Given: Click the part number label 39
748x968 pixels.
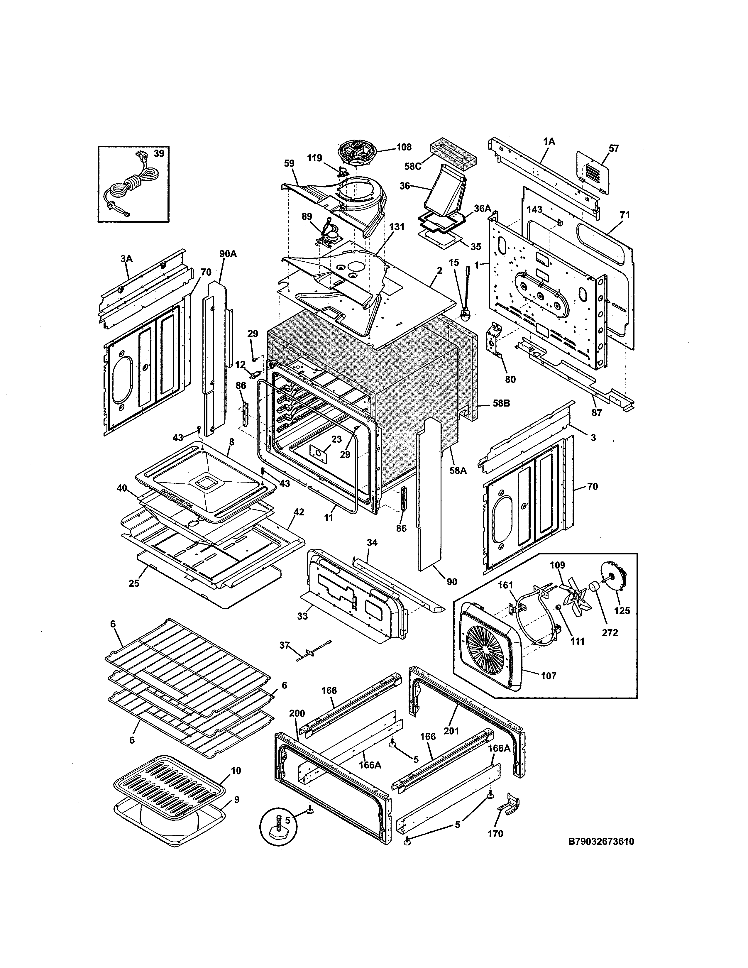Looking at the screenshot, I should coord(159,153).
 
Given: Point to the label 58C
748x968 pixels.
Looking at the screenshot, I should coord(412,166).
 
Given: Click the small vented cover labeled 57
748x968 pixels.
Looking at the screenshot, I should coord(593,173).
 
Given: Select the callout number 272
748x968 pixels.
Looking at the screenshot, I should coord(610,632).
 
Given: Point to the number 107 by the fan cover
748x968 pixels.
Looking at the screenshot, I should coord(549,676).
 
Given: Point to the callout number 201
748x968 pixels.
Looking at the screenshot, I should coord(451,731).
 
